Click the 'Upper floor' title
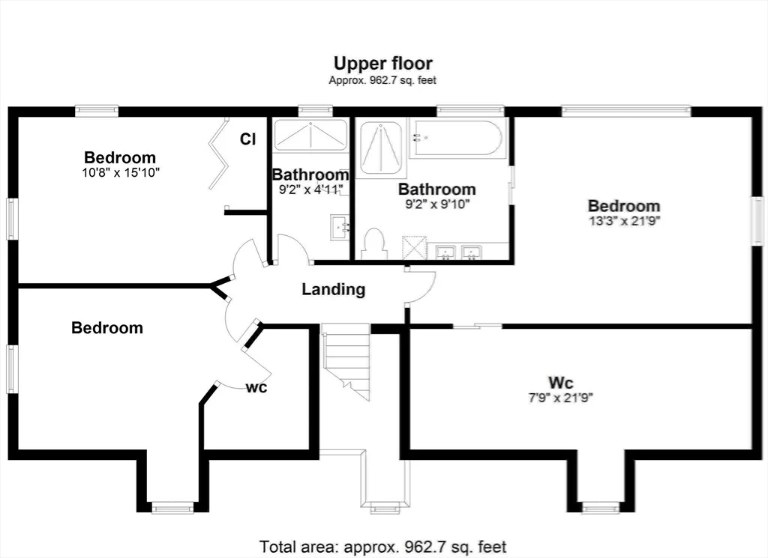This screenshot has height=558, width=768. [383, 64]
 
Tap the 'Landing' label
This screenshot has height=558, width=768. [334, 289]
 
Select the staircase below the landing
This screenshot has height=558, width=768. [346, 361]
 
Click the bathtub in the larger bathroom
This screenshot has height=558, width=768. [456, 138]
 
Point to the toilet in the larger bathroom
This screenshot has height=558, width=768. [375, 243]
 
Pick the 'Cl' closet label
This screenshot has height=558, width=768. [247, 139]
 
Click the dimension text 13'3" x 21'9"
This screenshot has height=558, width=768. [625, 220]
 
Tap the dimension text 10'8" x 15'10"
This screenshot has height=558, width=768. [121, 172]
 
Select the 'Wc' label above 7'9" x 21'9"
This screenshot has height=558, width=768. [561, 382]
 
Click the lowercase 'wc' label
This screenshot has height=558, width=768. [256, 387]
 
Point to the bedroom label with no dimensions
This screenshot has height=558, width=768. [107, 327]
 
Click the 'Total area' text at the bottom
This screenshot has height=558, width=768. [382, 546]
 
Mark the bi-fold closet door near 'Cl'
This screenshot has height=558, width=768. [219, 153]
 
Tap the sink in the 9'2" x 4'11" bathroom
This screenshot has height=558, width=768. [340, 228]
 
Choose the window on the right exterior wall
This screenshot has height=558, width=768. [757, 219]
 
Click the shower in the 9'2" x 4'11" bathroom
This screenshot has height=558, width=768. [310, 135]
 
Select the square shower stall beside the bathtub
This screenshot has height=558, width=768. [381, 148]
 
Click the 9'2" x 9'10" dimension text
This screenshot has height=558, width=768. [437, 204]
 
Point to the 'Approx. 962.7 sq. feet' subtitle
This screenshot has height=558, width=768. [382, 80]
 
